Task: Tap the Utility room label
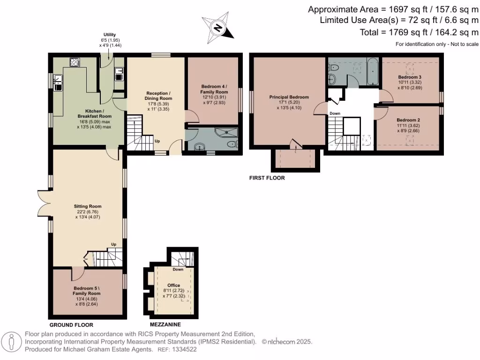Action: tap(110, 35)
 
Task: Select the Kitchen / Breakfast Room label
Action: tap(94, 113)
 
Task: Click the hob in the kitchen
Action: tap(75, 62)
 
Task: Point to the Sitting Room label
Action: tap(88, 206)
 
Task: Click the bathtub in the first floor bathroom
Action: tap(373, 71)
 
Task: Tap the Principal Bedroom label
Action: tap(289, 97)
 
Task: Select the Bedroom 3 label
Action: tap(410, 77)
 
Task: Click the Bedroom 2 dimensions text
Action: tap(408, 128)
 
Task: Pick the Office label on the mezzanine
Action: tap(173, 285)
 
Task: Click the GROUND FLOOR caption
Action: tap(71, 325)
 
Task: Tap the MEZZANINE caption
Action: tap(165, 324)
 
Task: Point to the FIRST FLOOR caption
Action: tap(267, 178)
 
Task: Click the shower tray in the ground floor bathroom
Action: tap(226, 132)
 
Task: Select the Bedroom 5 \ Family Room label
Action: tap(87, 291)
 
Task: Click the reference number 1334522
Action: tap(185, 349)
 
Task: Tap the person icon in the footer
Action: tap(12, 342)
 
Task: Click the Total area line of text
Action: tap(419, 32)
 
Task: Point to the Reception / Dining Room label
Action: tap(158, 96)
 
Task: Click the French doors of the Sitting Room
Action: tap(44, 203)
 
